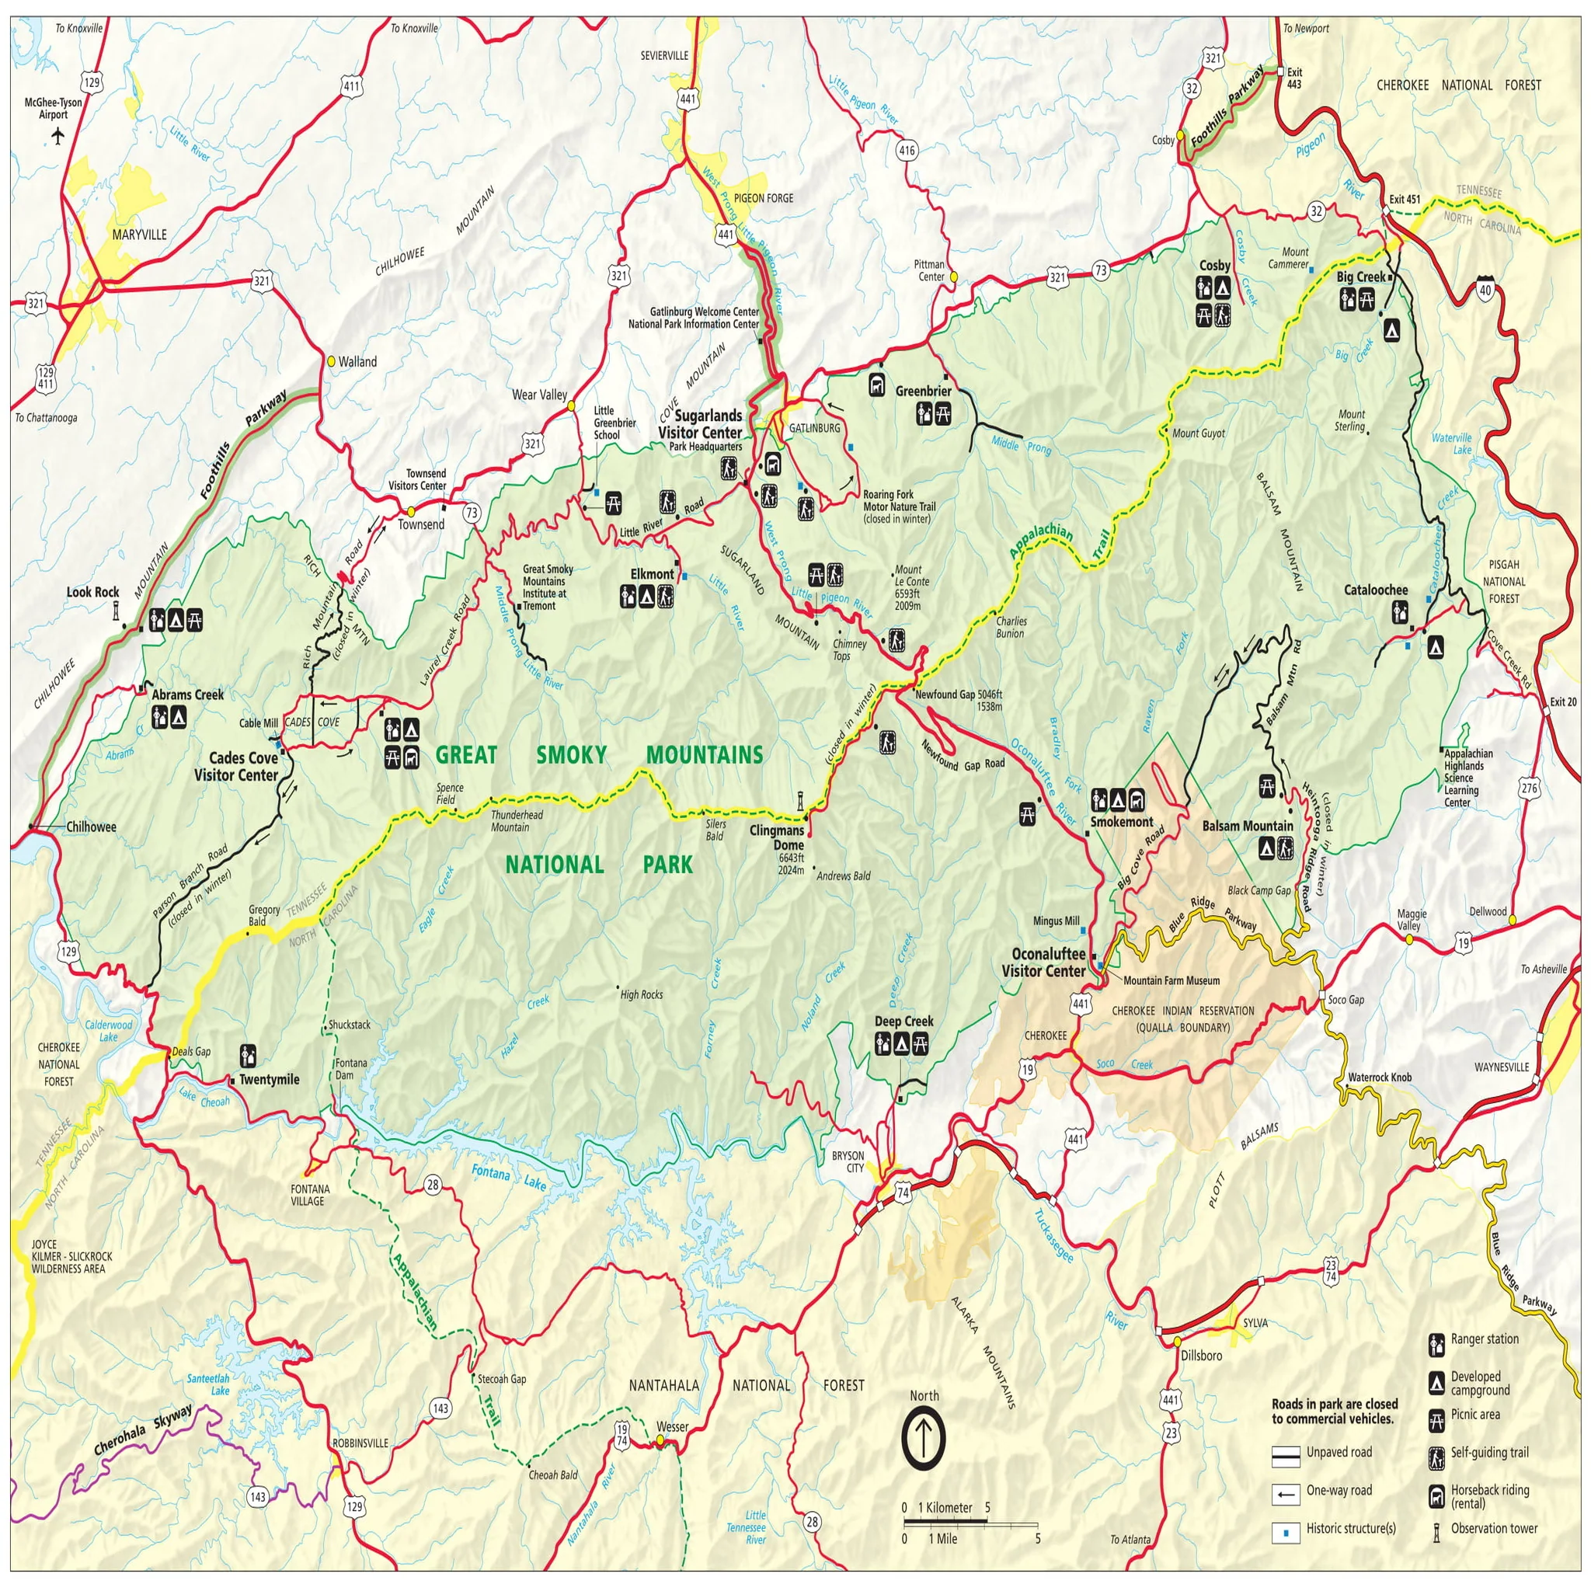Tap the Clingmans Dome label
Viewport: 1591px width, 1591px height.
pyautogui.click(x=777, y=837)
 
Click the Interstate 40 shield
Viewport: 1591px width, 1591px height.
pyautogui.click(x=1485, y=288)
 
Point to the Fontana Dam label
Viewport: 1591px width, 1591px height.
pyautogui.click(x=351, y=1069)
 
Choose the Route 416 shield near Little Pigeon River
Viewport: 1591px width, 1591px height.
pyautogui.click(x=907, y=151)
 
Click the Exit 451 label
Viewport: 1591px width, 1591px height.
pyautogui.click(x=1404, y=200)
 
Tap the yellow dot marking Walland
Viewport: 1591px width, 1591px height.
pyautogui.click(x=331, y=360)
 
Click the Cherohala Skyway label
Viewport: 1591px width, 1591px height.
pyautogui.click(x=142, y=1429)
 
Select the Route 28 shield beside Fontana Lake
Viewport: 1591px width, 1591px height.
pyautogui.click(x=433, y=1185)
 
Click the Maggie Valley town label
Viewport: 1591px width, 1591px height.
pyautogui.click(x=1412, y=920)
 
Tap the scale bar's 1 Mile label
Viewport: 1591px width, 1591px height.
pyautogui.click(x=942, y=1538)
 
